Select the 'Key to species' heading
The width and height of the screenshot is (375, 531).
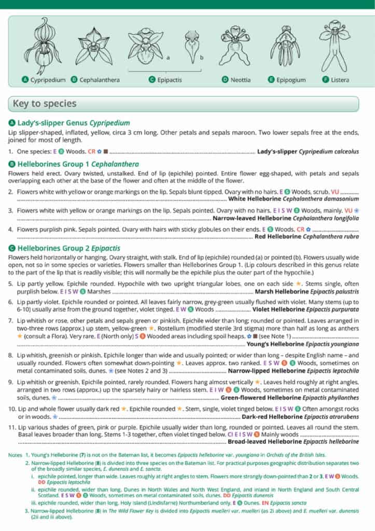point(45,104)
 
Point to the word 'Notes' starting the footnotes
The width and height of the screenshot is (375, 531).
point(15,455)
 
